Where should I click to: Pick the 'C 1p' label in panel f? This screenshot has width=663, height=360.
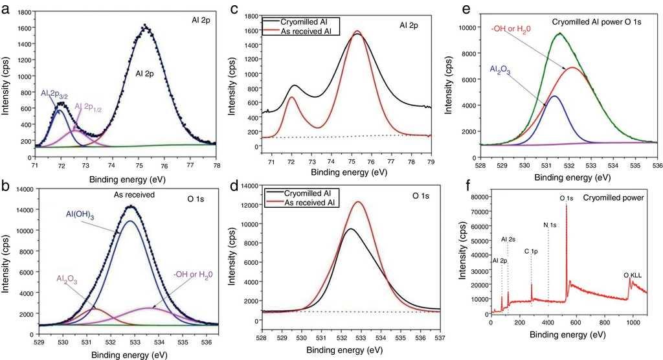click(530, 251)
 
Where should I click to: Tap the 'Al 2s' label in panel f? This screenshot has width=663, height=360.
click(509, 240)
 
